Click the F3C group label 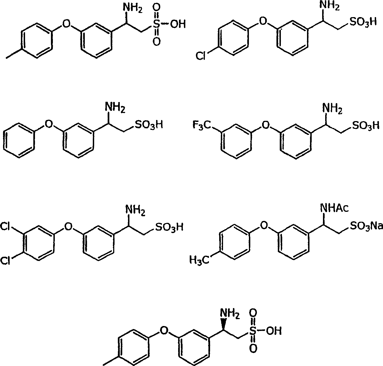click(x=202, y=125)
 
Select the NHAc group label click(x=335, y=208)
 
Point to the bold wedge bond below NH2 click(x=224, y=325)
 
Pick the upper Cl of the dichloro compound click(x=5, y=226)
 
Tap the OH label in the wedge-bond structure click(x=274, y=331)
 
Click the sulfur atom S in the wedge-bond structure click(x=253, y=331)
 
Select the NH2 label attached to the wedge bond click(x=230, y=314)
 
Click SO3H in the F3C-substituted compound click(x=366, y=125)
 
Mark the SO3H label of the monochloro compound click(x=363, y=22)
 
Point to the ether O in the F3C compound click(x=265, y=125)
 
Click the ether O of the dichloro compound click(x=68, y=227)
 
